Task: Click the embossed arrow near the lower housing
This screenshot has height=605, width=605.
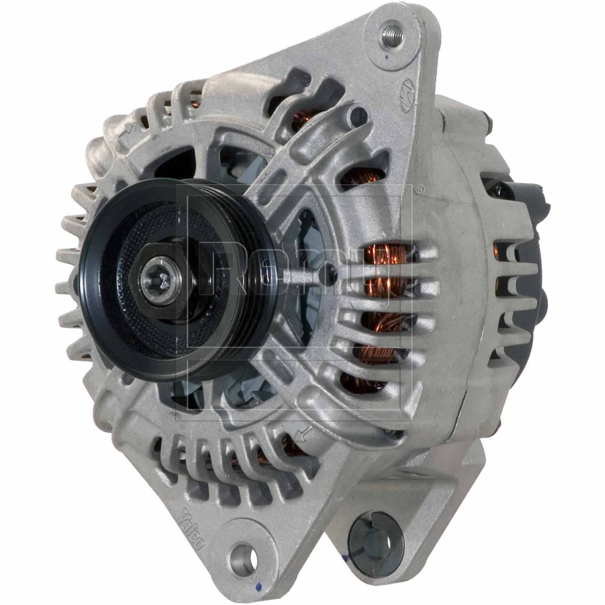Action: point(302,434)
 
